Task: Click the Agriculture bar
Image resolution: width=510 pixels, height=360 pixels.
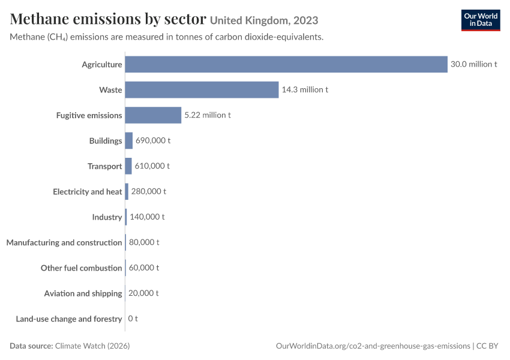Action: (286, 64)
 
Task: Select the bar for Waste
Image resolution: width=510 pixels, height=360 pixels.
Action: (202, 90)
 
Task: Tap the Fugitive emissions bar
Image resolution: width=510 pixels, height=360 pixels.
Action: (153, 115)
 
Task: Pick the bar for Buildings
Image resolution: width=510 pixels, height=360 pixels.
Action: (129, 140)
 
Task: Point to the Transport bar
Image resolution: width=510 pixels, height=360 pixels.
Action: (128, 166)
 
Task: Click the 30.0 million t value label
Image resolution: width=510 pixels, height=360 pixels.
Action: (474, 64)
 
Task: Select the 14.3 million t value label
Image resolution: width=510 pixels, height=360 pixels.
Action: (305, 89)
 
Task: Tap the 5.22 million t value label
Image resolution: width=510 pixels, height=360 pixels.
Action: (208, 115)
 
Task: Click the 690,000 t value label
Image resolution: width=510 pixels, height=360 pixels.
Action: (153, 140)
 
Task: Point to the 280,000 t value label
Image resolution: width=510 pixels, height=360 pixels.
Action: (149, 191)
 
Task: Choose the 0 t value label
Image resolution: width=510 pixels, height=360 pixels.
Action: (133, 319)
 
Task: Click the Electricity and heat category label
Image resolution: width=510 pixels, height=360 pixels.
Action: (88, 192)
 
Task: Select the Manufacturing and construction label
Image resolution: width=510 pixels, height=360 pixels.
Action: (64, 242)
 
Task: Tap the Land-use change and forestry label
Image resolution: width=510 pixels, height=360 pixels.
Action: (69, 319)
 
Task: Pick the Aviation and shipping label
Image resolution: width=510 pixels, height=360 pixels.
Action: (83, 293)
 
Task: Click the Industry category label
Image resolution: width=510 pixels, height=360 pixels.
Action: (107, 217)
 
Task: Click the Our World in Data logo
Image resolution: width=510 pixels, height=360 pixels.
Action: (481, 20)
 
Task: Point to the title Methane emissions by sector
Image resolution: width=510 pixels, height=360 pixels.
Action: (108, 19)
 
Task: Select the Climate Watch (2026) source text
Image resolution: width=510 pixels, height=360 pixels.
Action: (92, 346)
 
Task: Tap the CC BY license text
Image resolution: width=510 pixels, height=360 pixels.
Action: (487, 346)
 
